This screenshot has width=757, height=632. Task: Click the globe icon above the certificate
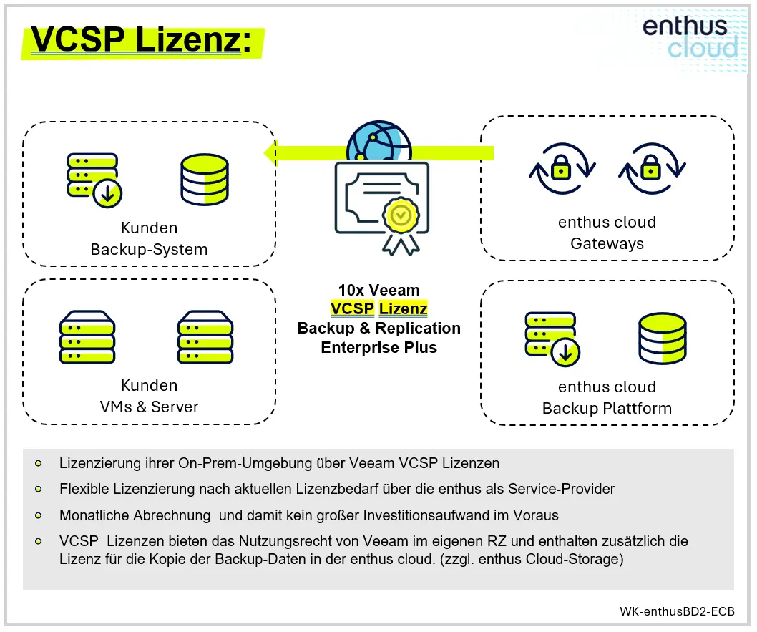click(x=378, y=145)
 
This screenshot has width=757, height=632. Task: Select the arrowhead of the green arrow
click(x=271, y=152)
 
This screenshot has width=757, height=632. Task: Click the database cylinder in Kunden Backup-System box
click(x=204, y=180)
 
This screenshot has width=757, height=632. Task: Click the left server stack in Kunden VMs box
click(x=87, y=337)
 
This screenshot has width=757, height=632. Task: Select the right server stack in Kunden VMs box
click(x=205, y=337)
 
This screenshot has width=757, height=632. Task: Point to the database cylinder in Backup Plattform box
click(x=662, y=339)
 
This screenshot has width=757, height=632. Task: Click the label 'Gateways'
click(x=607, y=244)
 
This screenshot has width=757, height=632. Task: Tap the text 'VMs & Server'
click(x=149, y=407)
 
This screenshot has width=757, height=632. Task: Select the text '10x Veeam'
click(x=379, y=290)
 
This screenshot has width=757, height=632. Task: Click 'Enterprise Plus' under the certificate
click(x=379, y=348)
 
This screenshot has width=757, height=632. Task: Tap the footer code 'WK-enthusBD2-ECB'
click(x=677, y=612)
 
